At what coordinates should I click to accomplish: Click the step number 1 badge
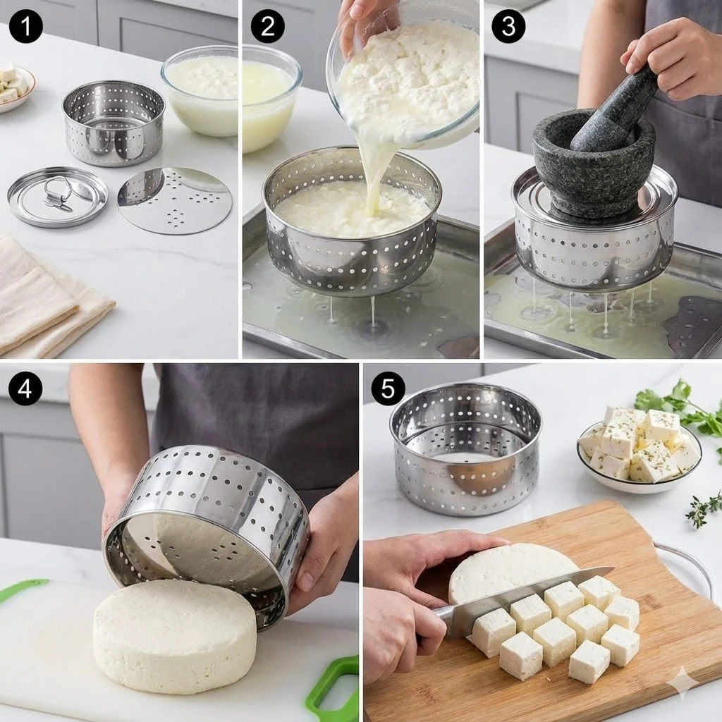click(x=26, y=26)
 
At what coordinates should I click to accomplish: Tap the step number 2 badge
click(x=267, y=26)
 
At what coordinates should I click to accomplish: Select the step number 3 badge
click(x=508, y=26)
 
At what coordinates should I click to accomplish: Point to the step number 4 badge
click(x=25, y=388)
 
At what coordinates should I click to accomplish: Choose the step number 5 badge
click(x=388, y=388)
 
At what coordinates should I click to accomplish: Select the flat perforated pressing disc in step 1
click(x=175, y=201)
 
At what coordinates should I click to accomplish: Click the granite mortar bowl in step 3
click(x=594, y=166)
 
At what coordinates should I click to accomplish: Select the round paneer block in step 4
click(x=175, y=635)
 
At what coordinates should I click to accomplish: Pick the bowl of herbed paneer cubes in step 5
click(x=639, y=449)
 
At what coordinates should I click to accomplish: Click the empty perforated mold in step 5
click(x=465, y=449)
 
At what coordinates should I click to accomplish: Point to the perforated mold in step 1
click(x=114, y=123)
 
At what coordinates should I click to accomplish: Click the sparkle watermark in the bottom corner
click(x=683, y=683)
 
